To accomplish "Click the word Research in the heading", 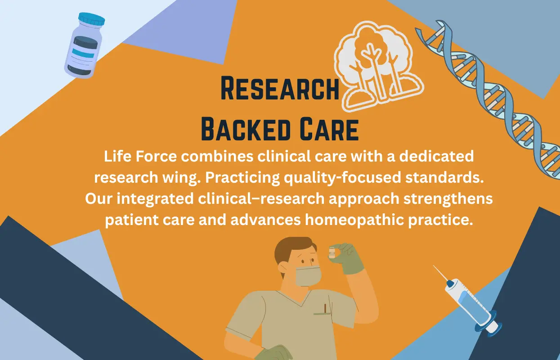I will pos(280,89).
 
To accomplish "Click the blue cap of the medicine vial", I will pos(91,19).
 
